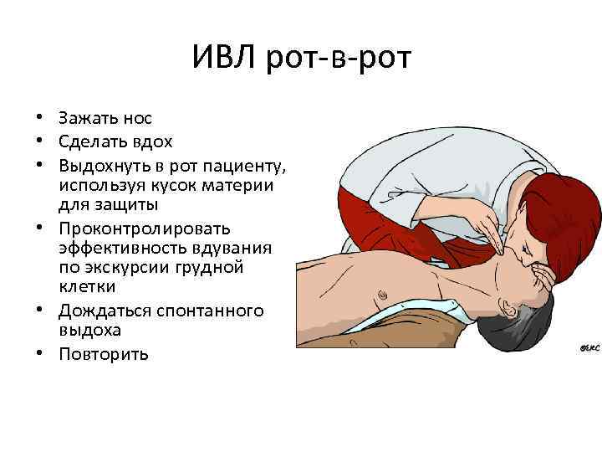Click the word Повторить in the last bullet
[104, 354]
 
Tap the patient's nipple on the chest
[383, 294]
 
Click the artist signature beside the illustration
[589, 348]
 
